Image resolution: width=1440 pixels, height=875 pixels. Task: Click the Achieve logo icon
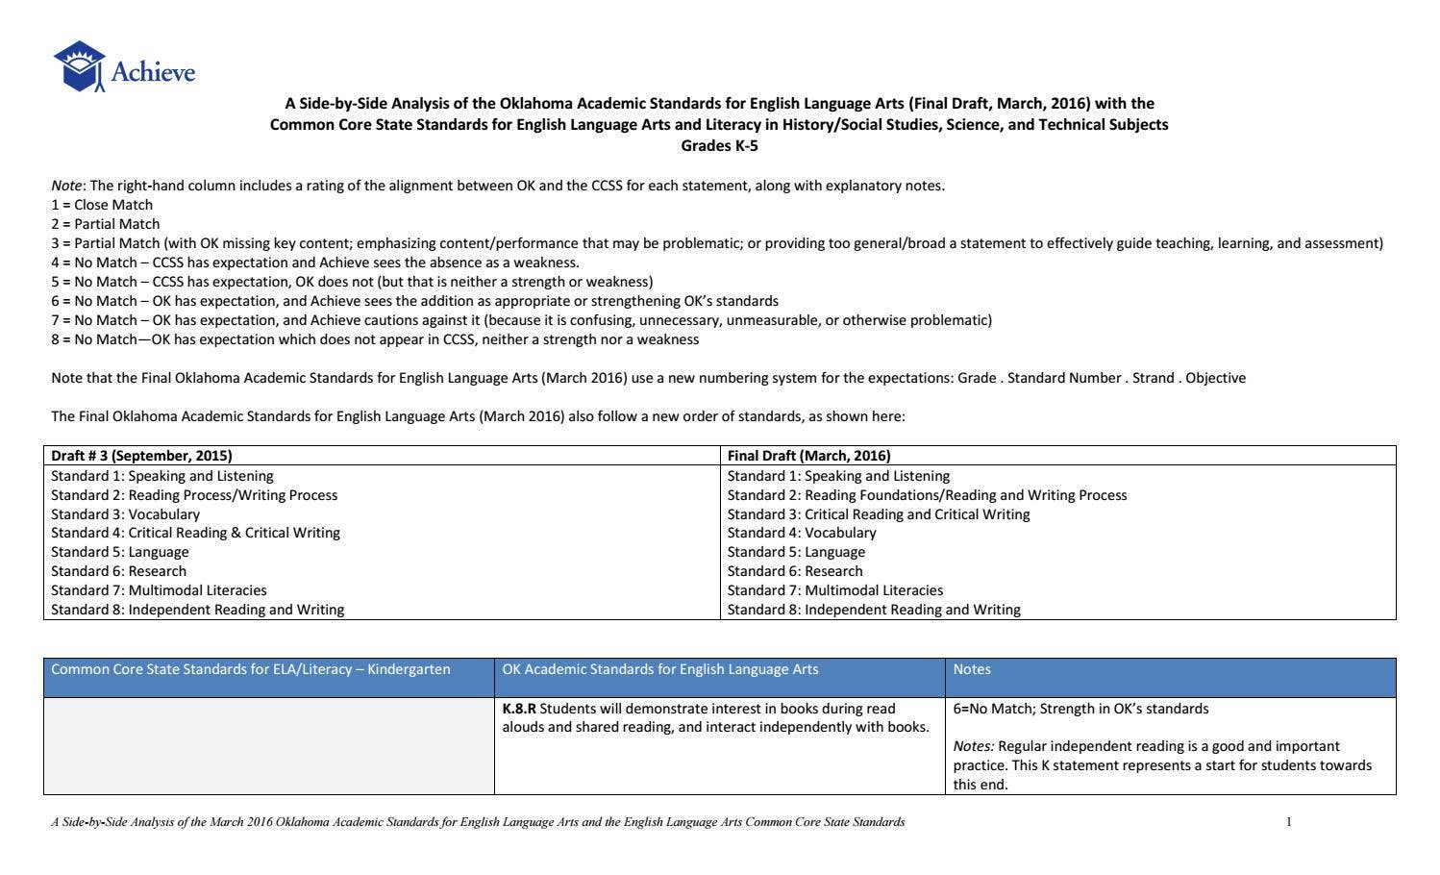(x=79, y=66)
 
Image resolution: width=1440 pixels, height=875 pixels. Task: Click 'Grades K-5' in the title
(x=719, y=145)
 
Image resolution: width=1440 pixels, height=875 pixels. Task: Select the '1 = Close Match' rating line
(x=102, y=205)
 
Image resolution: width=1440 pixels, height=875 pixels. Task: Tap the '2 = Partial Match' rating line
(x=106, y=224)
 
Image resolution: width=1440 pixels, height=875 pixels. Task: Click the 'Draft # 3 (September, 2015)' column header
(x=141, y=456)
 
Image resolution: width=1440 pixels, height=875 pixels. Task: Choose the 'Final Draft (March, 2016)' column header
(x=808, y=456)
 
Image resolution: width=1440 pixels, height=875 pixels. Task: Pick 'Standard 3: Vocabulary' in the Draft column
(x=125, y=514)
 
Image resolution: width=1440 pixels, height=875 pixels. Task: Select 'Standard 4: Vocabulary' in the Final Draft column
(x=802, y=533)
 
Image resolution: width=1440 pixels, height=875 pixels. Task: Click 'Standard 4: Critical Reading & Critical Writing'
(x=195, y=533)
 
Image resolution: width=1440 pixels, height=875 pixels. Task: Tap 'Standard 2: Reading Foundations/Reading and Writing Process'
(x=927, y=495)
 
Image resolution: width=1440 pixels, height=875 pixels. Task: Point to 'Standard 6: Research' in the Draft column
(x=118, y=571)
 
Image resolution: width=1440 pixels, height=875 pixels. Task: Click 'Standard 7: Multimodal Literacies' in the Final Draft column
(x=834, y=590)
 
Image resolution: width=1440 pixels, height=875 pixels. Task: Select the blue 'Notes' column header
(x=972, y=669)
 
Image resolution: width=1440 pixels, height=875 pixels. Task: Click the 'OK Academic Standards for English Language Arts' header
(x=659, y=669)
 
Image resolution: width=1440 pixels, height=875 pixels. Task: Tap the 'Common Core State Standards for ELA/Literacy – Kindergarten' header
(x=250, y=669)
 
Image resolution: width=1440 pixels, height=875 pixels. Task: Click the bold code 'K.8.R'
(x=519, y=709)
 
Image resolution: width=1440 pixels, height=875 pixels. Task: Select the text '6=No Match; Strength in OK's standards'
(x=1080, y=709)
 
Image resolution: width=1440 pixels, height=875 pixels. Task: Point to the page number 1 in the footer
(x=1288, y=822)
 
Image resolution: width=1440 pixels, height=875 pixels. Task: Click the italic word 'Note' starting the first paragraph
(x=66, y=186)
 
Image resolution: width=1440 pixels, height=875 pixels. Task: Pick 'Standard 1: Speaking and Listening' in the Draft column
(x=161, y=476)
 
